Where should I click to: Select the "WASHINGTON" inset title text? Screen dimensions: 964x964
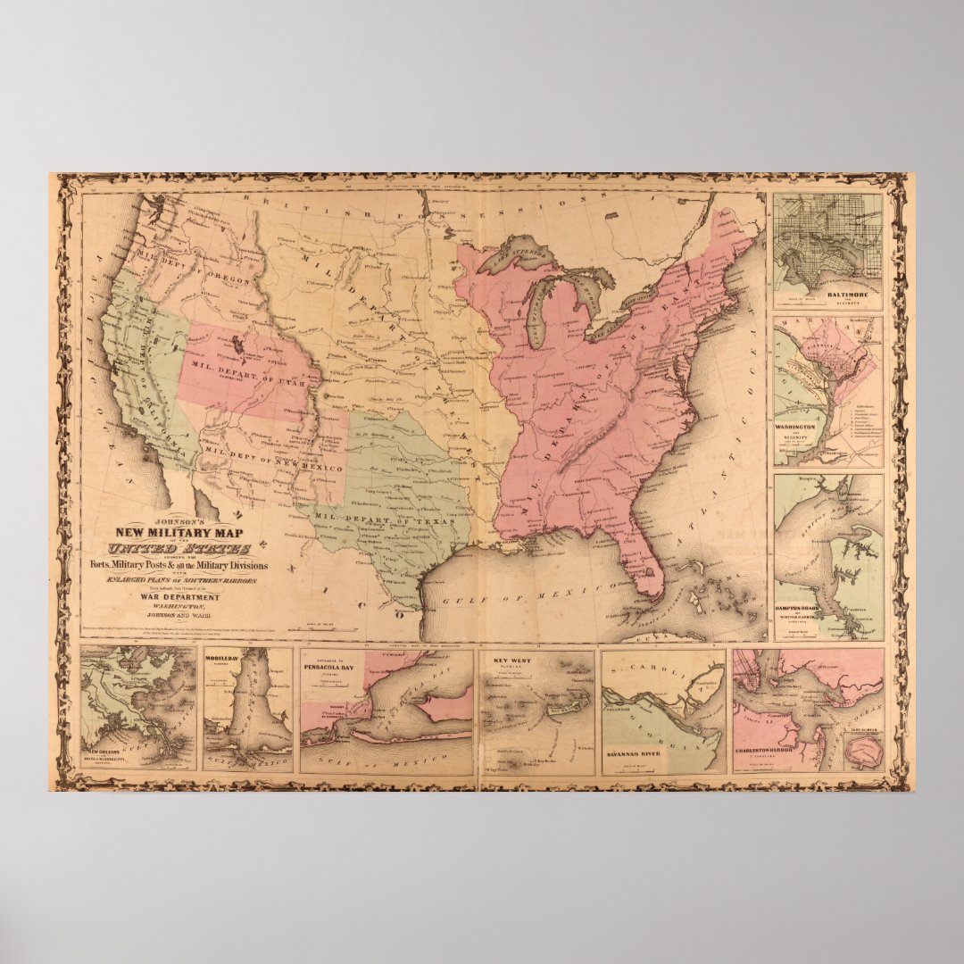pyautogui.click(x=794, y=428)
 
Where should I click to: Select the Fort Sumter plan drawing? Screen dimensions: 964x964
pyautogui.click(x=860, y=754)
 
